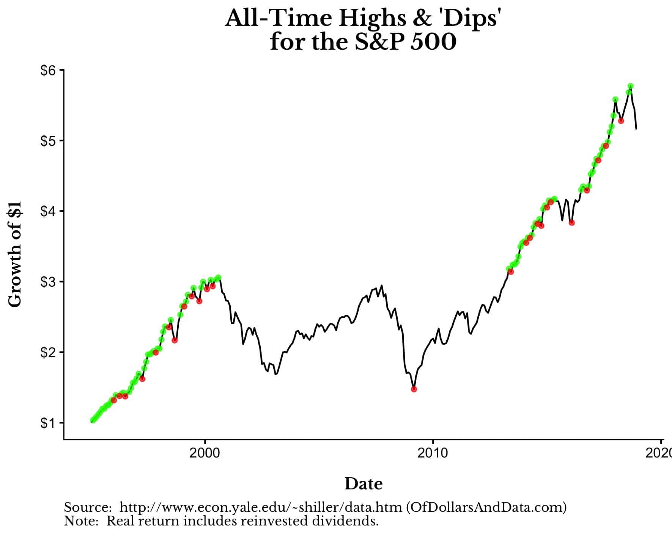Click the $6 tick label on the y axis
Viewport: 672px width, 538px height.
(x=48, y=71)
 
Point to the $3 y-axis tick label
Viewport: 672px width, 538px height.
(x=48, y=282)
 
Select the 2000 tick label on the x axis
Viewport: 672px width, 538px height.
(x=205, y=453)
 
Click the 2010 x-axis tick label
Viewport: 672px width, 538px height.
(x=432, y=453)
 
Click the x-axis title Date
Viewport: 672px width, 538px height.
(x=363, y=484)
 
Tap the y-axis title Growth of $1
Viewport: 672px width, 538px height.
(x=15, y=254)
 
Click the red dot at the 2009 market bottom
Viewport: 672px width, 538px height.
(x=414, y=389)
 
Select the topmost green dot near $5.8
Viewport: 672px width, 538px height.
(x=631, y=86)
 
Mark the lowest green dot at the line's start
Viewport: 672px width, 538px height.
(x=92, y=420)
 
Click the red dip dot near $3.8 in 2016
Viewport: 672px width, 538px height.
(x=572, y=223)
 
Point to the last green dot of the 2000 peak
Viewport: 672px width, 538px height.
(x=218, y=278)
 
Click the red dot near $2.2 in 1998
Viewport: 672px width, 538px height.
(x=175, y=341)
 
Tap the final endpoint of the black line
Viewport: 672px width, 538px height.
(x=636, y=129)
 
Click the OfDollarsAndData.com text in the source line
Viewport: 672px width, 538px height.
(x=486, y=508)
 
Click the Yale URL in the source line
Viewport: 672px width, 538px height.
(x=261, y=508)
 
